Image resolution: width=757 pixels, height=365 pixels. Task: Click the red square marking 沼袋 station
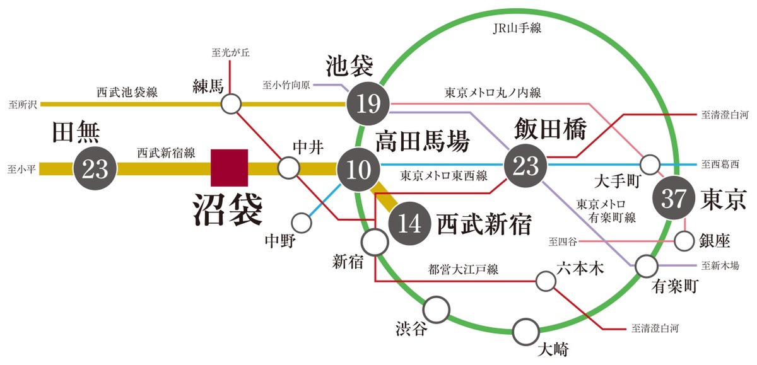point(230,168)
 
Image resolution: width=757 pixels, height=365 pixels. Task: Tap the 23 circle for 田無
point(96,168)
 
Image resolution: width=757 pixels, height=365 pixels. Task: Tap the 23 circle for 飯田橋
point(525,165)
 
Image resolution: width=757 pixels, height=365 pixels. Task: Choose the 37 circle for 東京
point(673,199)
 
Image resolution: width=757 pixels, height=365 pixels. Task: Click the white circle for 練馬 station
point(232,103)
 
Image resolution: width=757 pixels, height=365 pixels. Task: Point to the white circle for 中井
point(289,168)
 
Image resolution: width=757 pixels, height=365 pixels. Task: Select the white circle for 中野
point(302,222)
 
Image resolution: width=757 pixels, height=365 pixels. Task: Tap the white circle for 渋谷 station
point(436,309)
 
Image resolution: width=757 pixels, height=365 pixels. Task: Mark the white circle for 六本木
point(545,281)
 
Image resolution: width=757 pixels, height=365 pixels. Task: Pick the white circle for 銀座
point(684,240)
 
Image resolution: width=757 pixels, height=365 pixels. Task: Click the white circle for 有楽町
point(646,266)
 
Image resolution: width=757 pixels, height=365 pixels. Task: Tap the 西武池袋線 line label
point(127,91)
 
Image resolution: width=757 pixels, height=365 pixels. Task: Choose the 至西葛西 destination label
point(722,164)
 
